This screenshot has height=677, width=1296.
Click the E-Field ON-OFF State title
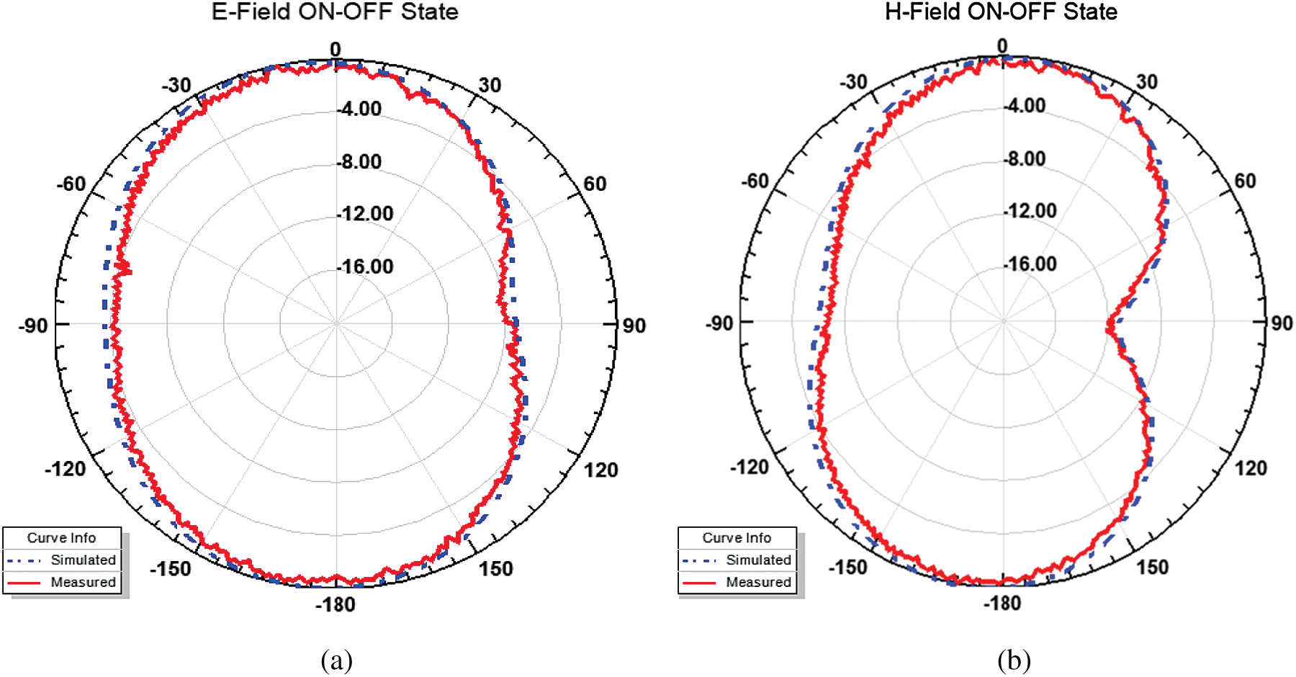click(335, 12)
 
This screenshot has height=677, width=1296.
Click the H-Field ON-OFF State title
click(1001, 12)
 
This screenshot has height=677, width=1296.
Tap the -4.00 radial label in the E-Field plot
click(361, 109)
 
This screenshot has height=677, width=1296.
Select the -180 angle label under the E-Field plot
click(336, 604)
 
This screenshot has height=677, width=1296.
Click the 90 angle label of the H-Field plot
click(1282, 323)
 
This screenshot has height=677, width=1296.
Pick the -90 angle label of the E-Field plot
click(33, 326)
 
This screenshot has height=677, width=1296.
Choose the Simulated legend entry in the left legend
click(83, 560)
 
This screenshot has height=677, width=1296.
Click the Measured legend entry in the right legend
click(758, 582)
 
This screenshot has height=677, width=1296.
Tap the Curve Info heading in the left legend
click(61, 538)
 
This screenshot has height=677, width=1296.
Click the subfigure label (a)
click(336, 660)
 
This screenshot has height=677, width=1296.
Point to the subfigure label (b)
click(1014, 660)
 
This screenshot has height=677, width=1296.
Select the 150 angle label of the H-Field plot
click(1152, 567)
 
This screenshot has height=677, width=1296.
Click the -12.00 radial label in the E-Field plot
click(366, 214)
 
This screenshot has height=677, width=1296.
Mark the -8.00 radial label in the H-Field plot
click(1026, 158)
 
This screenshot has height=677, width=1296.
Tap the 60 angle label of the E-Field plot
click(595, 184)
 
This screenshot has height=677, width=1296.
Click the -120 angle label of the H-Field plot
click(750, 467)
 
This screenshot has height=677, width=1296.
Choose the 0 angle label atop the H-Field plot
click(1002, 46)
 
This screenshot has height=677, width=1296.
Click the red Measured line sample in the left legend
click(24, 582)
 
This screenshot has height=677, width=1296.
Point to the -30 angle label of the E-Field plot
click(176, 85)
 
